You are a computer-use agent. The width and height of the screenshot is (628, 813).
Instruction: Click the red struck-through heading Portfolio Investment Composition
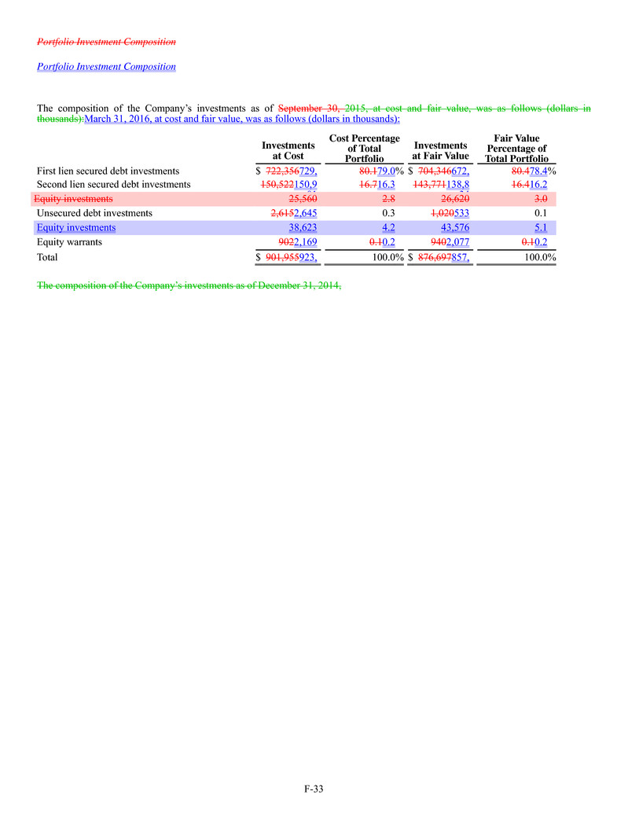[x=106, y=41]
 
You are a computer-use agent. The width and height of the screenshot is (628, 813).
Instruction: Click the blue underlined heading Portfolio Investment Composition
[x=106, y=67]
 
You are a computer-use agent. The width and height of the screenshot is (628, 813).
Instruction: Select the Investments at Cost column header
[x=288, y=151]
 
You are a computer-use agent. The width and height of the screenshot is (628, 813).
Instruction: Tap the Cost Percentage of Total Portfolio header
[x=364, y=149]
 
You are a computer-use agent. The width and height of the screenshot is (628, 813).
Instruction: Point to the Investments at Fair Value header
[x=440, y=151]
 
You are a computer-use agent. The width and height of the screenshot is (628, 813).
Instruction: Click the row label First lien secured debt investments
[x=108, y=171]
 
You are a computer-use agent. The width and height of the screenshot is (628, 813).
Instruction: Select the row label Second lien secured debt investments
[x=114, y=185]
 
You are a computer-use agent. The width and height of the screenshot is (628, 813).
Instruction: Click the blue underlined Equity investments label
[x=76, y=228]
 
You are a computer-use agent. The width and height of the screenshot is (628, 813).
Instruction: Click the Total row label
[x=48, y=257]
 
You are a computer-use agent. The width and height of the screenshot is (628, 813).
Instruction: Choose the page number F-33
[x=314, y=789]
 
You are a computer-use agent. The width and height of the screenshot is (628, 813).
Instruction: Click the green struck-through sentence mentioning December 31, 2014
[x=189, y=285]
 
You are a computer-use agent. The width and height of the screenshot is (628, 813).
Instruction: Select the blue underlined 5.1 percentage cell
[x=540, y=228]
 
